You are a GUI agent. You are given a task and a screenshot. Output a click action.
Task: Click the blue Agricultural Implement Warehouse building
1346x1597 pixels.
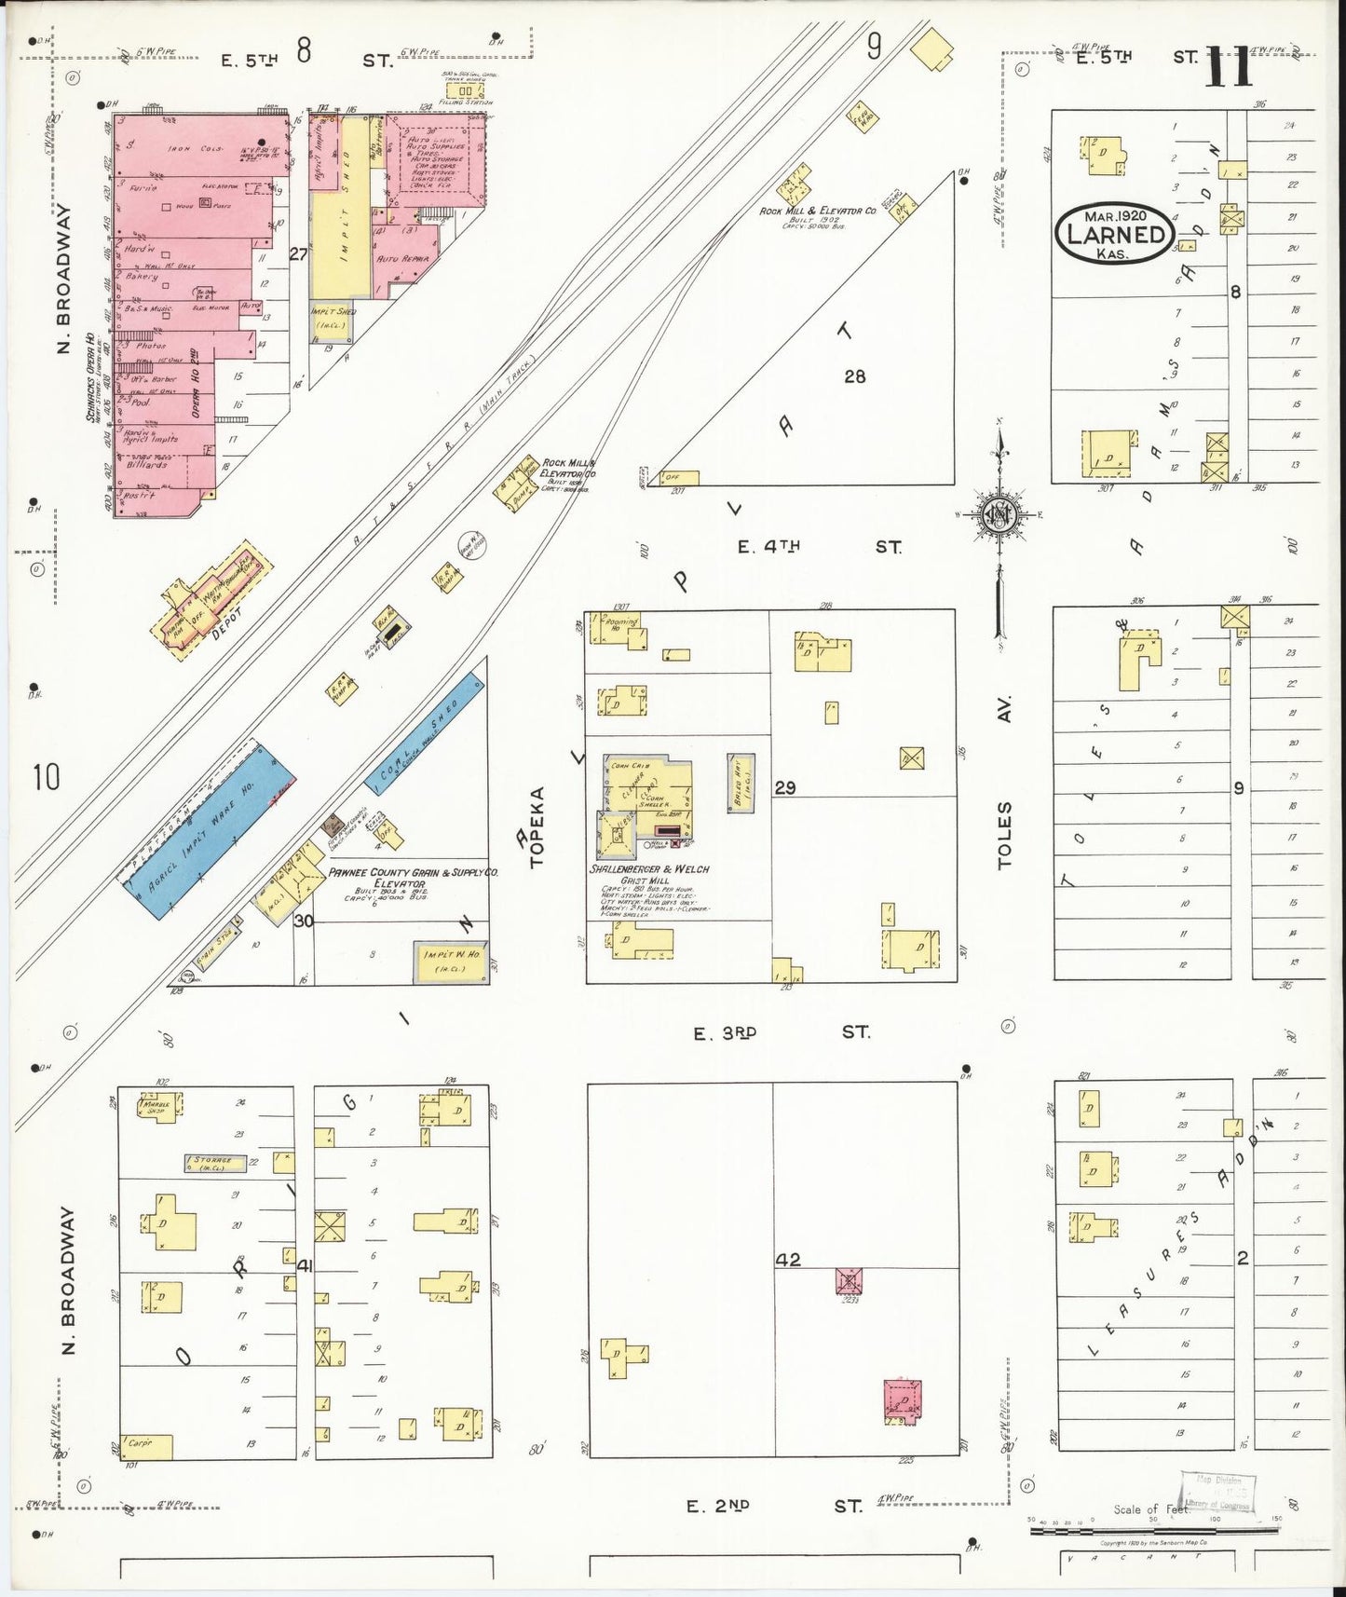[211, 831]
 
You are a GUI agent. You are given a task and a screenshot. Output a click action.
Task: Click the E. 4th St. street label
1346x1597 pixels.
[819, 547]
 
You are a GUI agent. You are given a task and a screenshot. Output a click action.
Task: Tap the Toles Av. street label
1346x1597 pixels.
[1004, 784]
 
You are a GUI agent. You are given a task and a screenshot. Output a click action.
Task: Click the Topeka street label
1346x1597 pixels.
[537, 827]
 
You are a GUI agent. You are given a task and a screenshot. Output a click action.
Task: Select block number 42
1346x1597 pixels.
[788, 1260]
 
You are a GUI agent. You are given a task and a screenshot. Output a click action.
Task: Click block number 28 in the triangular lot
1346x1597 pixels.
[854, 376]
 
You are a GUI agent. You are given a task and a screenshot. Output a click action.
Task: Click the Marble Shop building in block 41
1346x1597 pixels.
[161, 1106]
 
